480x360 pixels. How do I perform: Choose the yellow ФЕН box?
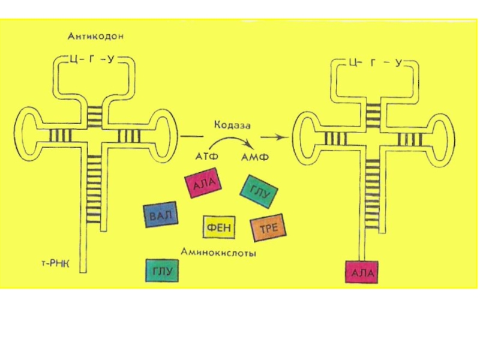point(219,227)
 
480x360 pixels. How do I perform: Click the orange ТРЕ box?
point(267,227)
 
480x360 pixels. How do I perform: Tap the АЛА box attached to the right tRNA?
point(362,272)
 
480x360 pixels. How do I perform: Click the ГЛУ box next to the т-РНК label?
point(161,271)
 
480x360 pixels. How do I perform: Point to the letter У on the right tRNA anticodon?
point(398,61)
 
